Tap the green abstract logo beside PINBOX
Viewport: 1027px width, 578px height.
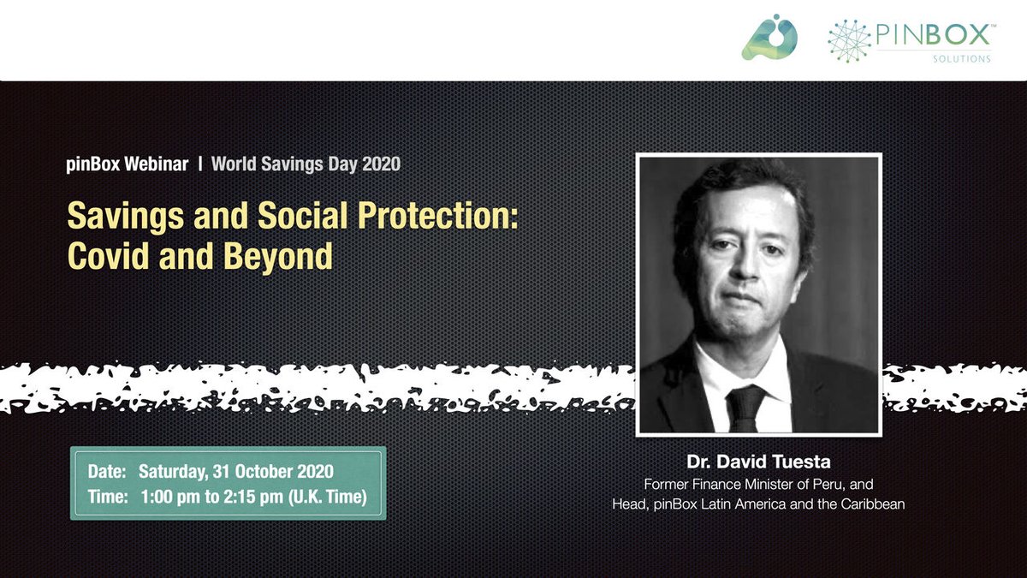pos(769,37)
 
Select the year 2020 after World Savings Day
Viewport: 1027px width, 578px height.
pos(382,164)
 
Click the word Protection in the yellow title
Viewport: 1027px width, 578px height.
pos(438,216)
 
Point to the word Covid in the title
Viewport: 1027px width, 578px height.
pos(108,255)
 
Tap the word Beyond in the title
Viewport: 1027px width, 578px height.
pos(278,256)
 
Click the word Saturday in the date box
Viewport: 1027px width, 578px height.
pos(173,472)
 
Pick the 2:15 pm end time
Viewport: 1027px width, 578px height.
pos(253,497)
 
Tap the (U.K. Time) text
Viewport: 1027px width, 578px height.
pos(327,497)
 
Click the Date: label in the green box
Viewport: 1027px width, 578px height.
pos(107,472)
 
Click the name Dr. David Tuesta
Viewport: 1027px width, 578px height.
pos(758,462)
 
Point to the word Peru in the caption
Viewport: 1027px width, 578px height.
pos(829,485)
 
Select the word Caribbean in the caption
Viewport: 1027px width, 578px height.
pos(872,504)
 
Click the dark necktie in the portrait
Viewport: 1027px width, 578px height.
pos(745,408)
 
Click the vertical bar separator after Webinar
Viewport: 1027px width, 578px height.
pos(200,164)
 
